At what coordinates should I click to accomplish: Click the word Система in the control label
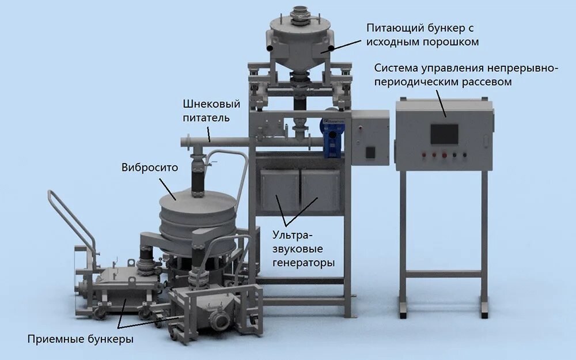click(395, 69)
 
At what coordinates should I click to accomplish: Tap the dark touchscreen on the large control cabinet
click(444, 134)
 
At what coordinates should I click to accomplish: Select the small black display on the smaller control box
click(370, 153)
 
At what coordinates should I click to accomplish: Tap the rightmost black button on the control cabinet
click(464, 154)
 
